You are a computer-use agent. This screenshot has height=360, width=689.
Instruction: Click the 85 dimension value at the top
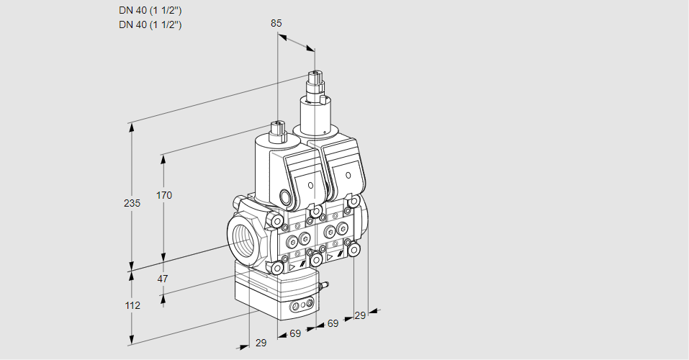click(276, 23)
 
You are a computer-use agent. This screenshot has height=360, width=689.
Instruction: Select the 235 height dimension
click(132, 204)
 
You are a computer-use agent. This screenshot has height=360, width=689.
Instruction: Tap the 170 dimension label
click(164, 195)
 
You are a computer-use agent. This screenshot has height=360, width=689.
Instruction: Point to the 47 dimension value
click(163, 279)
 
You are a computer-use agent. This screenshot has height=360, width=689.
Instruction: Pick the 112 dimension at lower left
click(132, 305)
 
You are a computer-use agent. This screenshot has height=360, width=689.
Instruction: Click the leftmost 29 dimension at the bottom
click(261, 343)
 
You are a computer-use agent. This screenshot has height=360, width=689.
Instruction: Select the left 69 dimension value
click(295, 333)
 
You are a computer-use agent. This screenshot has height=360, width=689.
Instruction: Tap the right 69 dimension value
click(333, 324)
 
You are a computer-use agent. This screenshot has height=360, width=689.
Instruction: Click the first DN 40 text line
click(150, 11)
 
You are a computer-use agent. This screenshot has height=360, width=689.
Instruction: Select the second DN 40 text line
click(150, 24)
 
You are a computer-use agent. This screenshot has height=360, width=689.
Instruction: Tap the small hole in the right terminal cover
click(348, 175)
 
